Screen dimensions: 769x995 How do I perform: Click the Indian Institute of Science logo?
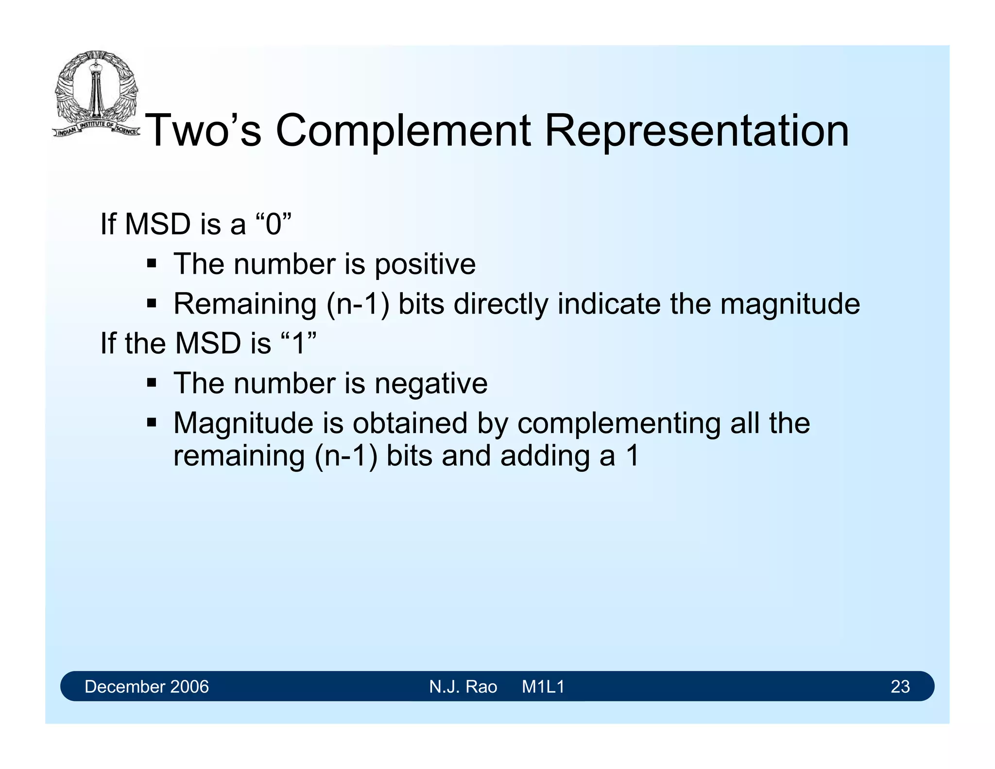96,94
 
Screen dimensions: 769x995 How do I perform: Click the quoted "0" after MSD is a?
274,224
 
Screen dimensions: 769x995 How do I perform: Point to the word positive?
425,265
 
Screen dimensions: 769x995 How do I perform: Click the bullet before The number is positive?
152,264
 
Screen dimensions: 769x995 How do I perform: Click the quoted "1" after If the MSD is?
299,343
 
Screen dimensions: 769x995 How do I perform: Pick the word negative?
430,384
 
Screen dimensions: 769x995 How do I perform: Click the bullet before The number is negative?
152,383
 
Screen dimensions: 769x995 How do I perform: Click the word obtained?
411,423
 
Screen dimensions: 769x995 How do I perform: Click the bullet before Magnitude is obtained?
152,422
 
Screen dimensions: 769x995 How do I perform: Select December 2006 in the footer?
146,686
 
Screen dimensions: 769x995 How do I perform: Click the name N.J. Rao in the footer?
463,686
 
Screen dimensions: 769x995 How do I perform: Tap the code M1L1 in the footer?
543,686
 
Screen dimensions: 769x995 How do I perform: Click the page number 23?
900,686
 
